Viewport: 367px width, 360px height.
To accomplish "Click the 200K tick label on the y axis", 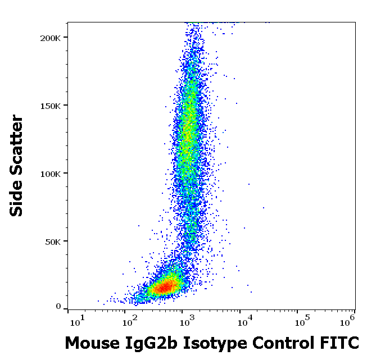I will tap(51, 37).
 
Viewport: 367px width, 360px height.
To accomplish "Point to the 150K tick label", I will tap(51, 105).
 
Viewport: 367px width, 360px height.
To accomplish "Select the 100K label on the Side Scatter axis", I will tap(51, 173).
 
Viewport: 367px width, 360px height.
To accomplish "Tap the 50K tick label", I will tap(53, 241).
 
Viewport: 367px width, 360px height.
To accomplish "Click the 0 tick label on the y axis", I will tap(58, 307).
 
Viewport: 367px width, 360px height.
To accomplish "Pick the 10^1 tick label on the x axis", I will tap(76, 321).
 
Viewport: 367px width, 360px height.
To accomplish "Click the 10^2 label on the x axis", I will tap(130, 321).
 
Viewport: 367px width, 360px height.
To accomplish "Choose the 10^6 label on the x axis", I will tap(348, 321).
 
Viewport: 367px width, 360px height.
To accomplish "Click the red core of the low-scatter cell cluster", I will tap(165, 288).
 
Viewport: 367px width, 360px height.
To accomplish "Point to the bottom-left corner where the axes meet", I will tap(68, 309).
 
